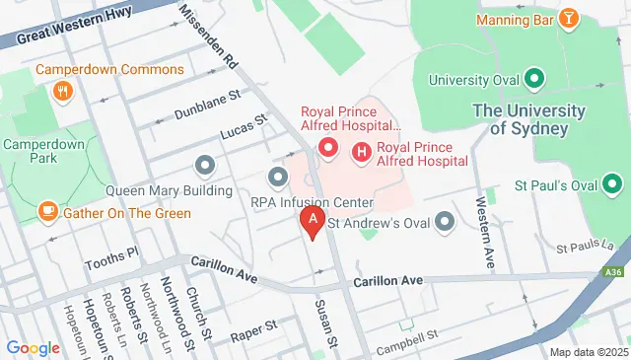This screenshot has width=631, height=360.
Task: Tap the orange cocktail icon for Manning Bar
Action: click(569, 19)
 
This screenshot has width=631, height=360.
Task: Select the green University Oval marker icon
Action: click(534, 79)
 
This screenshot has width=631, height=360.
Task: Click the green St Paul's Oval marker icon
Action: click(612, 183)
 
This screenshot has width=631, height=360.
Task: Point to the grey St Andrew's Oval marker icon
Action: click(445, 221)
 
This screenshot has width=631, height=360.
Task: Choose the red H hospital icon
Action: click(361, 152)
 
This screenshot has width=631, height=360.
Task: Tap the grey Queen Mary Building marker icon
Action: click(205, 164)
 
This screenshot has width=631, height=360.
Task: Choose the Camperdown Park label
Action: click(41, 150)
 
